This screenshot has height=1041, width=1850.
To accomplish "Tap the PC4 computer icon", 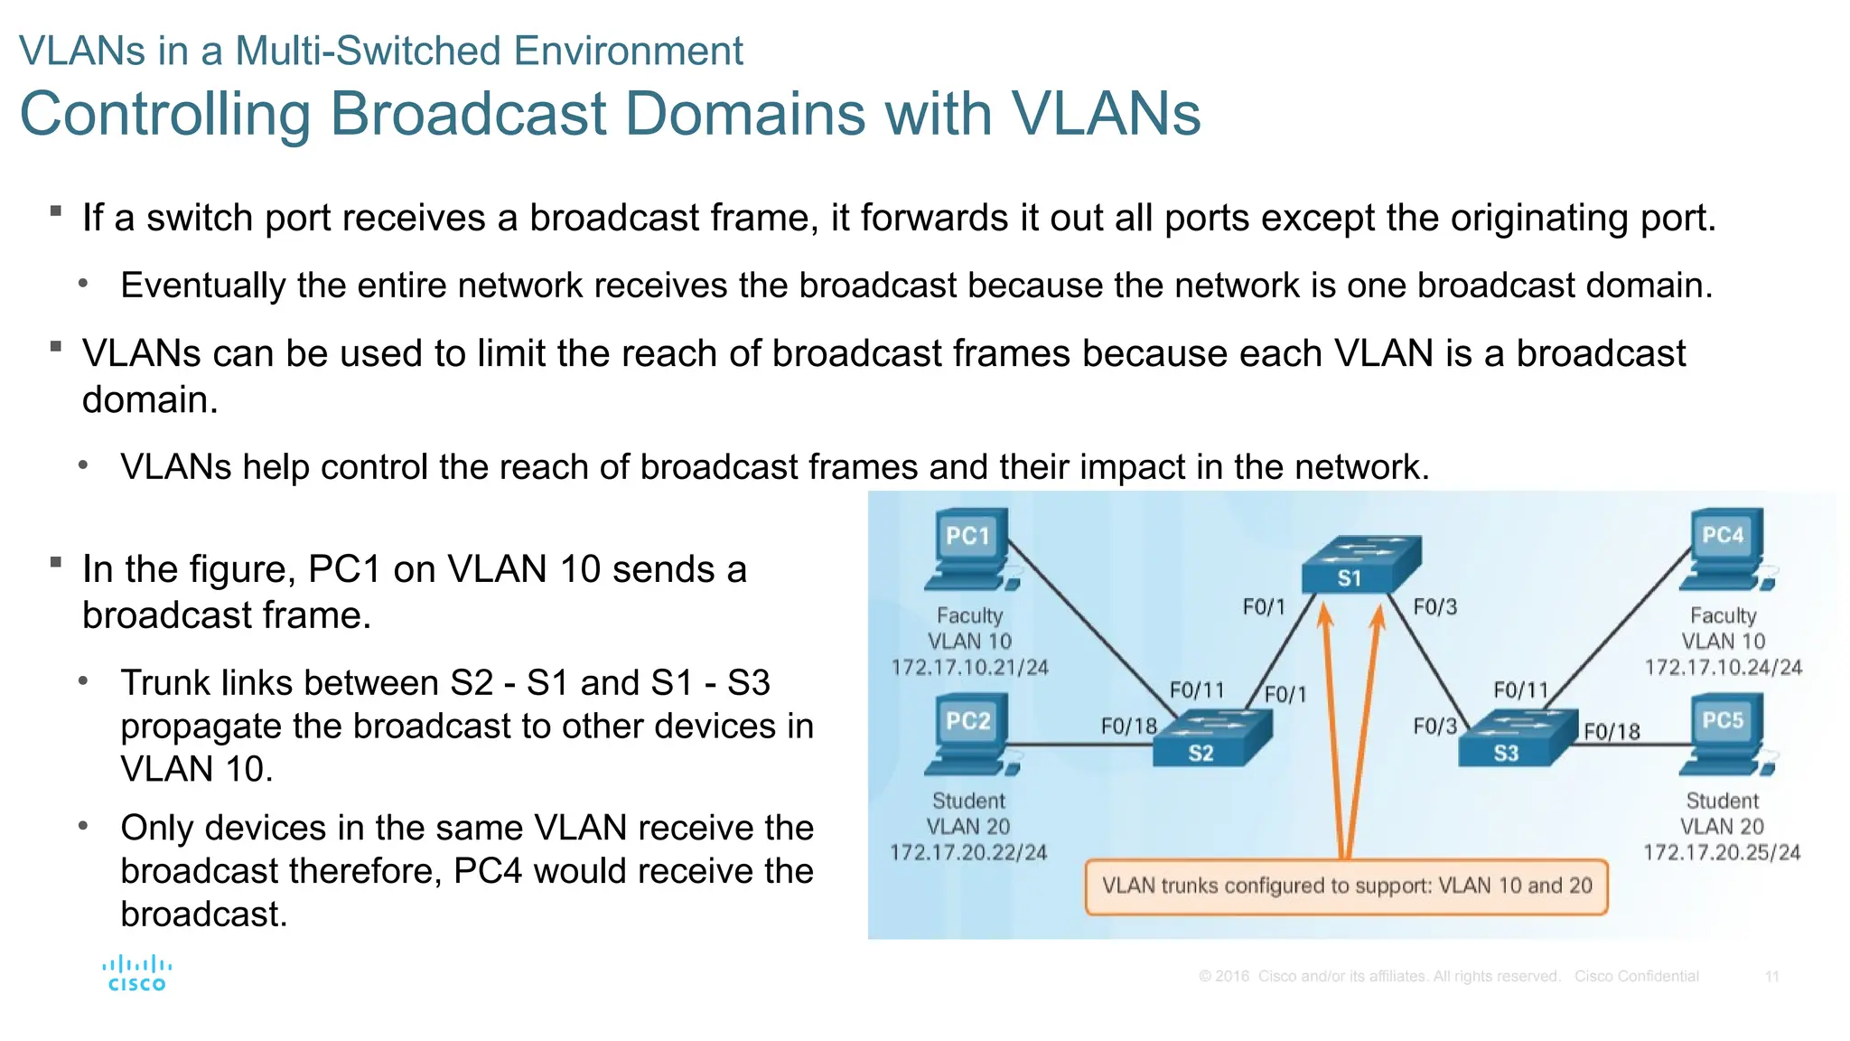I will click(x=1725, y=550).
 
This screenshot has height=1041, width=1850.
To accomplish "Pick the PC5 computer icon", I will click(x=1725, y=735).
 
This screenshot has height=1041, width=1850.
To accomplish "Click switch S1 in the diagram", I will click(x=1359, y=565).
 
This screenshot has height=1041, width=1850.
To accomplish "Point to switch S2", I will click(x=1211, y=739).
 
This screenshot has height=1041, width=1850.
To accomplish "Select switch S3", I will click(x=1518, y=739).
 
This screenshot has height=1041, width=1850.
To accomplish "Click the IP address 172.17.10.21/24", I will click(x=969, y=668).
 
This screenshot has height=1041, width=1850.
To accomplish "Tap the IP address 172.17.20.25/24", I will click(x=1721, y=853).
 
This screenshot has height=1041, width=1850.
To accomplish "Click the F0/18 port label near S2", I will click(x=1128, y=727).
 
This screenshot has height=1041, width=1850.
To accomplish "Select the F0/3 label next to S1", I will click(x=1434, y=607).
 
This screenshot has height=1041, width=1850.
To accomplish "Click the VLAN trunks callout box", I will click(x=1346, y=886).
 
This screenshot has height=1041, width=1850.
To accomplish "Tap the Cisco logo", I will click(x=137, y=973).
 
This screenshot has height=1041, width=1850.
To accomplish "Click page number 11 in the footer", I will click(x=1771, y=977).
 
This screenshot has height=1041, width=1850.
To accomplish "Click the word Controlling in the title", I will click(x=165, y=115).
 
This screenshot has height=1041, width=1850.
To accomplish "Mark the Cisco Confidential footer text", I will click(x=1636, y=977).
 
